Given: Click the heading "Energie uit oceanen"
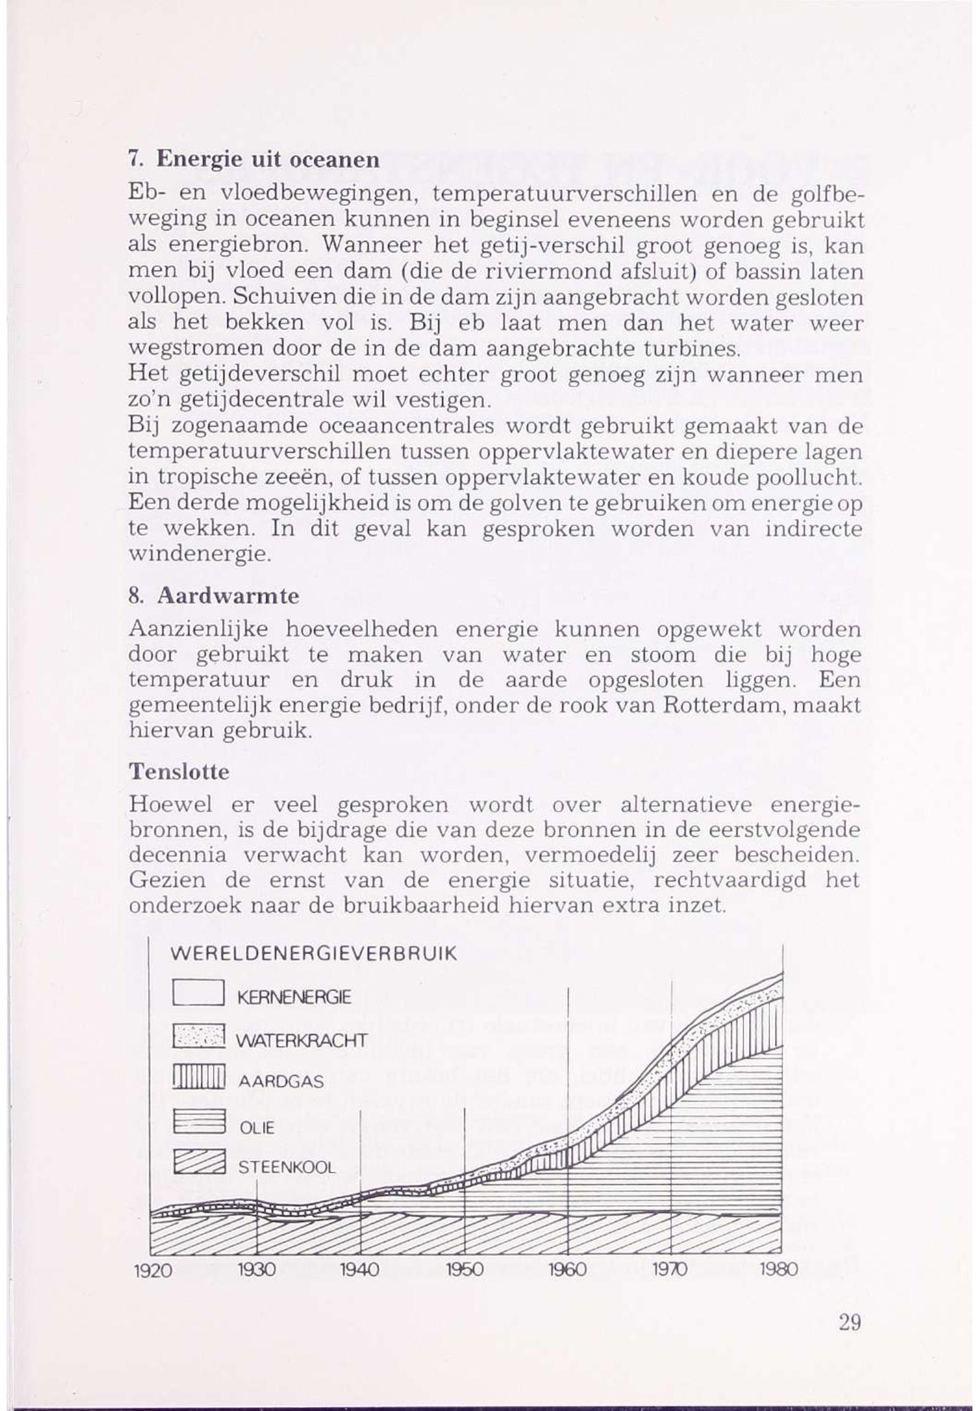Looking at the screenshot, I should coord(268,160).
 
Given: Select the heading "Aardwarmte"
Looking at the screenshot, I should coord(228,597).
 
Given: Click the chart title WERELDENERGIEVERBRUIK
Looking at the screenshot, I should coord(313,955).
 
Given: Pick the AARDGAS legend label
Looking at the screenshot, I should coord(280,1083).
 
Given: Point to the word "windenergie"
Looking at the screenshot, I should coord(200,555).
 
